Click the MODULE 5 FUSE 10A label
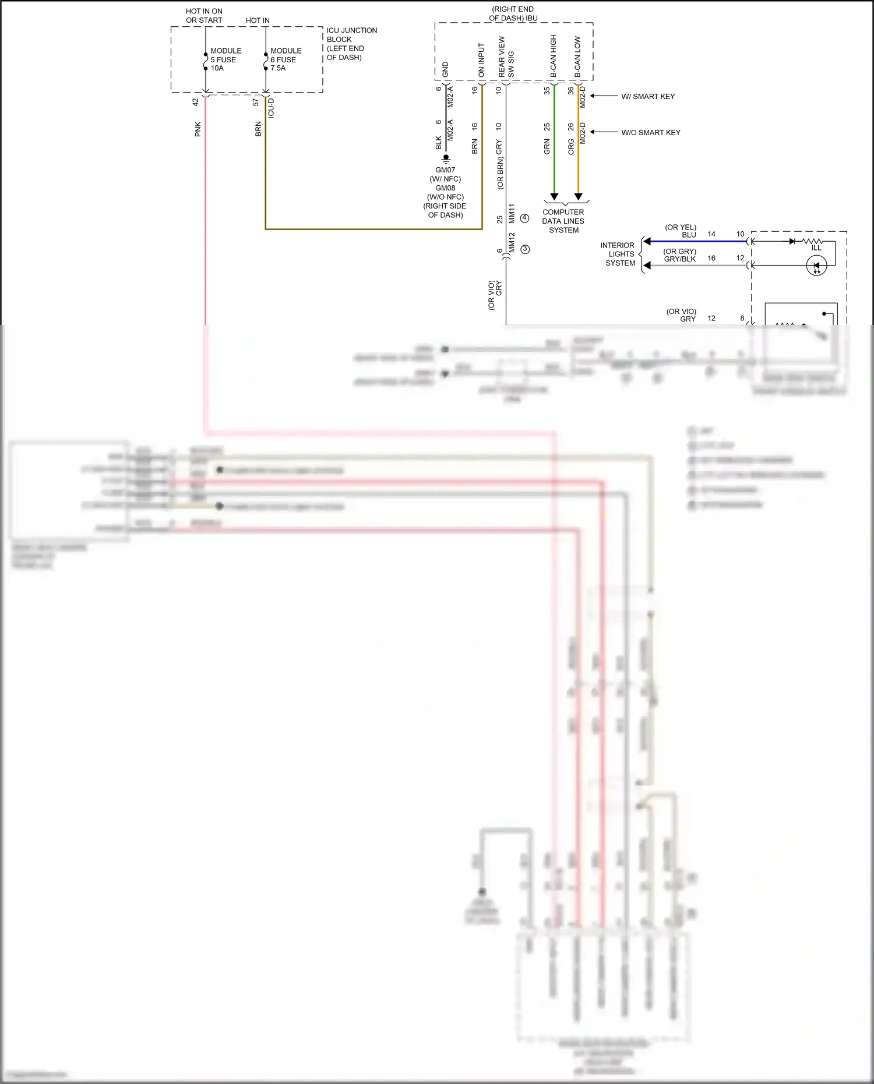click(225, 59)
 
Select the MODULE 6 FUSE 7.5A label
click(286, 59)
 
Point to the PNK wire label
click(198, 129)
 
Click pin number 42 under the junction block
click(195, 101)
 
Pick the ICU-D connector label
click(271, 108)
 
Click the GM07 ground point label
click(445, 170)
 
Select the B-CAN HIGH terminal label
click(553, 56)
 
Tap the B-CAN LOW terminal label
click(577, 57)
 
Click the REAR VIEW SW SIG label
click(506, 57)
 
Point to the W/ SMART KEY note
click(648, 97)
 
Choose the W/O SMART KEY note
click(651, 133)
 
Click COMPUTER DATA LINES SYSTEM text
click(563, 221)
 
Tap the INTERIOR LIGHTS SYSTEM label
click(619, 254)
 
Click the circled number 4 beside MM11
click(524, 218)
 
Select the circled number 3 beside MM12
click(525, 249)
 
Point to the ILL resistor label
click(816, 248)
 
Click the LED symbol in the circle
click(816, 266)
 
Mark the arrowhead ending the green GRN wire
click(554, 197)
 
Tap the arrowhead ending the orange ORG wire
click(578, 197)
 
